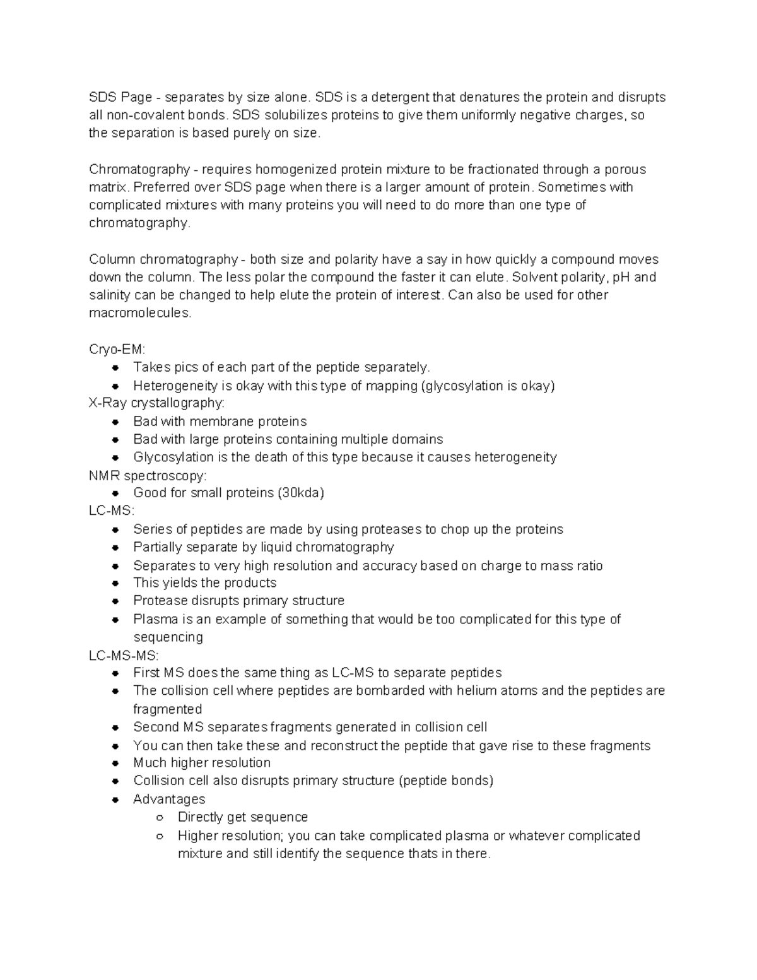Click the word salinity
(110, 295)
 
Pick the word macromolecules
(139, 313)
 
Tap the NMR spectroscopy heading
(148, 475)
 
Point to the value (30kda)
(300, 493)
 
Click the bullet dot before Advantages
(115, 800)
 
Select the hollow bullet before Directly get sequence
(160, 817)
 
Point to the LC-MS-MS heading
(124, 656)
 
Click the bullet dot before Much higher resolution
(115, 763)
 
